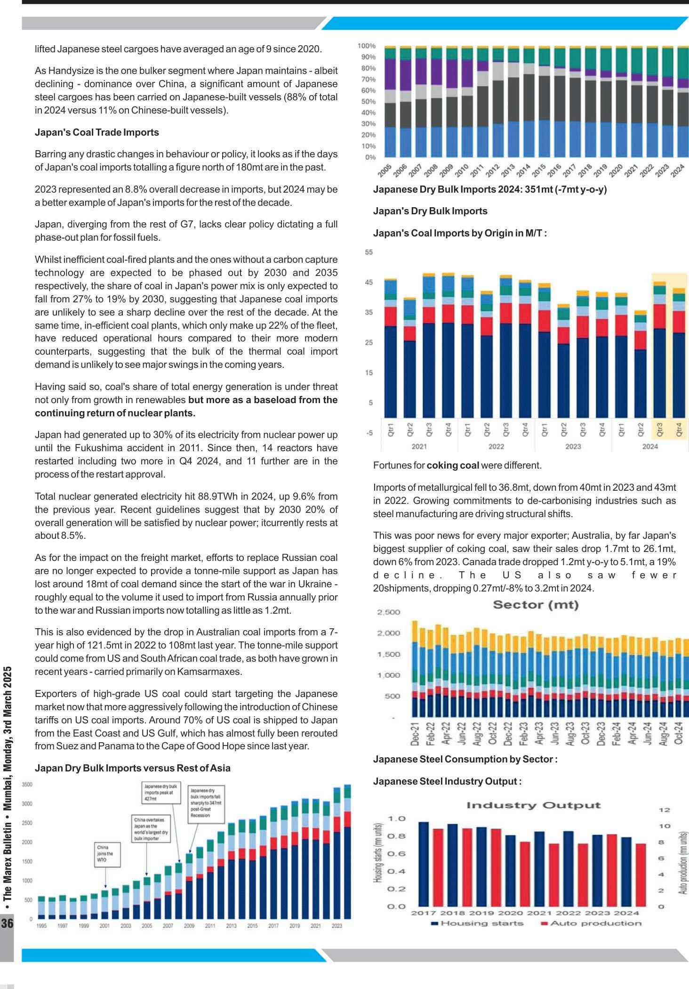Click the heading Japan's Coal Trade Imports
click(x=96, y=132)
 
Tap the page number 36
click(x=7, y=923)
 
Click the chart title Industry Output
click(x=533, y=805)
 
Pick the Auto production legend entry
click(x=591, y=923)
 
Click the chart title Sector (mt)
click(x=536, y=605)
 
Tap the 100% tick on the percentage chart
click(x=367, y=46)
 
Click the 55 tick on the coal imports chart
click(x=369, y=252)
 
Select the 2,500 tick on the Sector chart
click(x=388, y=612)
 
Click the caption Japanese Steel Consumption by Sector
click(x=465, y=759)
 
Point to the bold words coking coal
click(x=453, y=465)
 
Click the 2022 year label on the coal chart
click(x=496, y=446)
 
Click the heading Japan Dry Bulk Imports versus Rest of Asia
click(x=132, y=768)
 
